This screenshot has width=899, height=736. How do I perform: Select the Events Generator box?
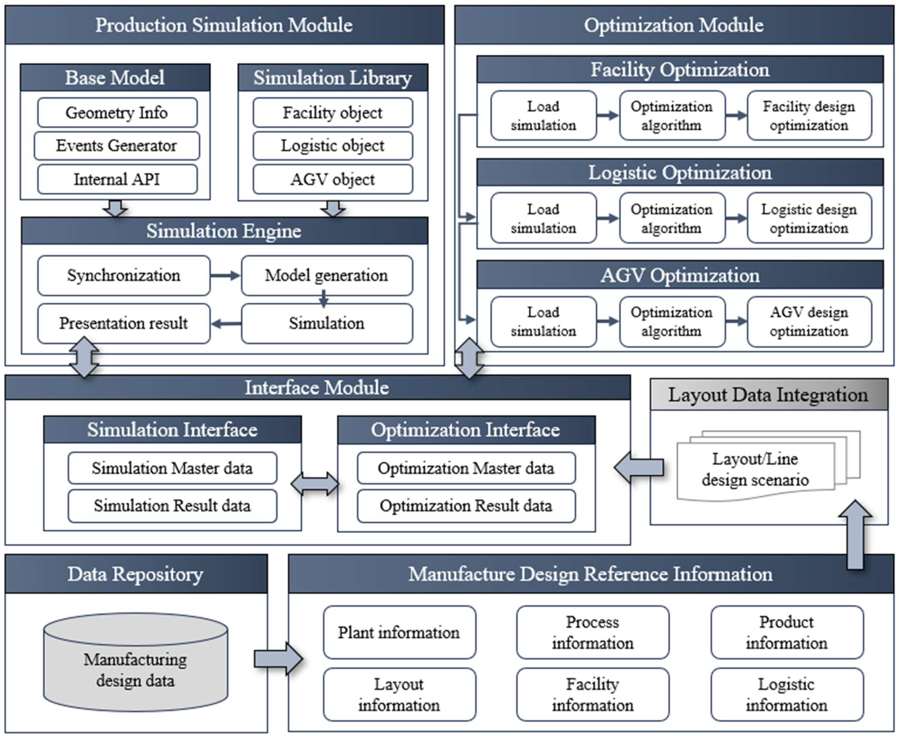(x=117, y=146)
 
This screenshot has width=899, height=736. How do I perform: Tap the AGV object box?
(x=333, y=179)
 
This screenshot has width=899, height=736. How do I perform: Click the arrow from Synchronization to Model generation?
(x=225, y=276)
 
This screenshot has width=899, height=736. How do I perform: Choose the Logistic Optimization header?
(x=680, y=172)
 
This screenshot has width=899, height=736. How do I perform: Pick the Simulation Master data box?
(x=172, y=468)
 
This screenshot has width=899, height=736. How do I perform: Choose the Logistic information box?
(x=787, y=694)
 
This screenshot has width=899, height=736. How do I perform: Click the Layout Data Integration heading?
(x=768, y=395)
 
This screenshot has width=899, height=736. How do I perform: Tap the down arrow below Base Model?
(x=115, y=208)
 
